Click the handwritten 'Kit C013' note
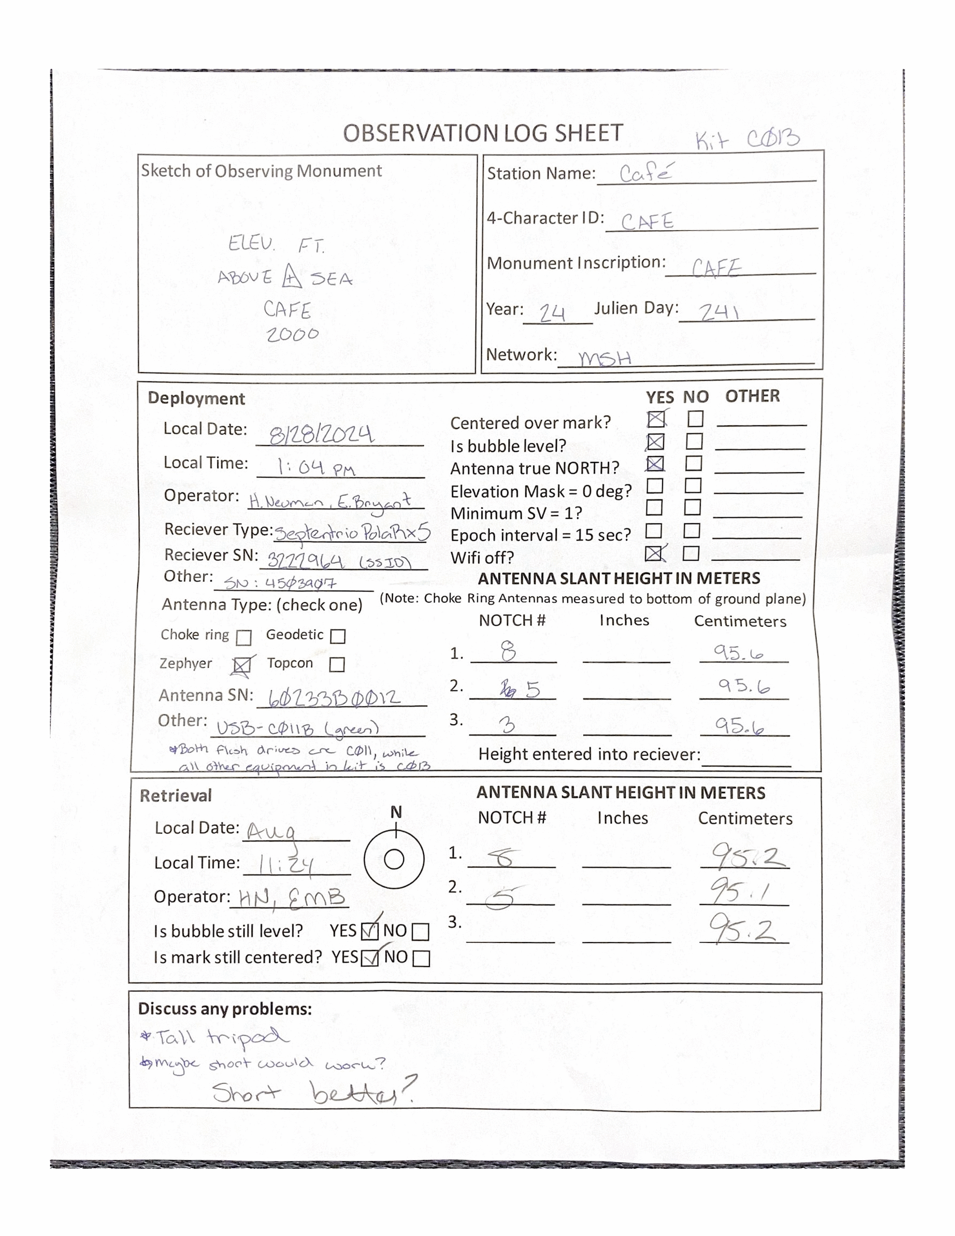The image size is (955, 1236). (748, 139)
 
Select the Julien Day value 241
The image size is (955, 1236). (719, 312)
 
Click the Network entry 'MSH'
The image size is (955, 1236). (604, 358)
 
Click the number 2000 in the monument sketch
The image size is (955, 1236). (292, 334)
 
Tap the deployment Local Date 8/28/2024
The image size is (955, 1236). (321, 434)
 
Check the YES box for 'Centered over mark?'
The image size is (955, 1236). (656, 419)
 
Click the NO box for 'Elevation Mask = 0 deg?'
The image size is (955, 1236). (693, 485)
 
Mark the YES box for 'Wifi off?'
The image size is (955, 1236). (654, 553)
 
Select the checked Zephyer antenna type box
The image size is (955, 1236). (242, 666)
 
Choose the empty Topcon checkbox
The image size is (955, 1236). (336, 665)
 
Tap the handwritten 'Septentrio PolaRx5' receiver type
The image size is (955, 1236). (353, 533)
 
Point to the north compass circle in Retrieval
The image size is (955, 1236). (394, 859)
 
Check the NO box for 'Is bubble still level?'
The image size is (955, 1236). (420, 932)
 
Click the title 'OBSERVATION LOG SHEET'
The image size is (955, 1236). (483, 133)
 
